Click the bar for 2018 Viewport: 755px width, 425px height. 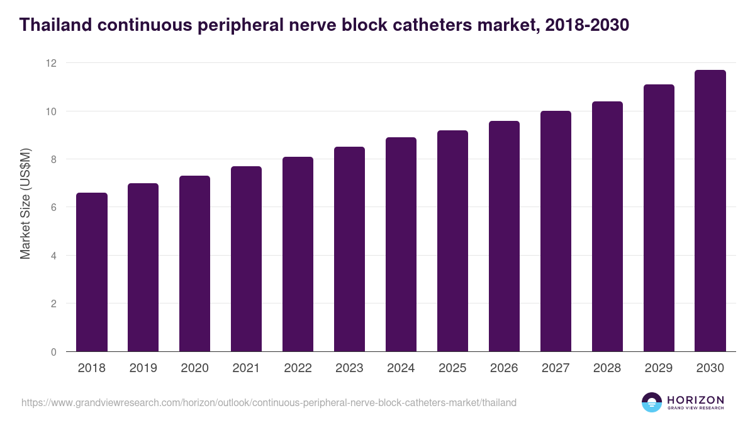[x=92, y=272]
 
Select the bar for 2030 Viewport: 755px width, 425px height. [x=710, y=211]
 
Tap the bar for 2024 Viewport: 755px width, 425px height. [x=401, y=244]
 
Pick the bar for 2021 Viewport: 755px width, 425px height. [x=246, y=259]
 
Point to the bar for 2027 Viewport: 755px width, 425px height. [x=556, y=231]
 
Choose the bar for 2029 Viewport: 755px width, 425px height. [x=659, y=218]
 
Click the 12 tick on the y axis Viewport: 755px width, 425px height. [x=51, y=63]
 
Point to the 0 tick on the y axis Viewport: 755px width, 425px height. [x=53, y=352]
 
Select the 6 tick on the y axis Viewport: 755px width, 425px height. [x=53, y=207]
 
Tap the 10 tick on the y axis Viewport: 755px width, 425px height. [x=51, y=111]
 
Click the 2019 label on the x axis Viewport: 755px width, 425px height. [x=143, y=368]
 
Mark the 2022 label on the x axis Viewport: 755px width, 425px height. [x=298, y=368]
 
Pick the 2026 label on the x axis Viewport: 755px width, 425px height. [x=504, y=368]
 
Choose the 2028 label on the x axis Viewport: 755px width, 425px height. [x=607, y=368]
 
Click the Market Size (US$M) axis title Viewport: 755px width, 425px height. [x=26, y=204]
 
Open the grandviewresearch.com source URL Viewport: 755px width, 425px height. [x=269, y=402]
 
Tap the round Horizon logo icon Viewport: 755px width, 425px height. [x=652, y=402]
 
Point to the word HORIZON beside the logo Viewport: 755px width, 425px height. [x=695, y=400]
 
